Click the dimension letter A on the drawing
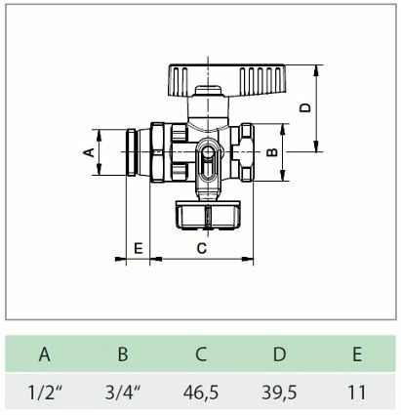point(86,152)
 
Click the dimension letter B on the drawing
point(273,152)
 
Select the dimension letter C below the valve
point(202,248)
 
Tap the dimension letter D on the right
point(304,108)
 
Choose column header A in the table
point(45,355)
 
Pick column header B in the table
point(122,355)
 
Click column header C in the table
point(201,355)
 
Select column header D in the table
point(278,355)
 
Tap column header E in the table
point(355,355)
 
